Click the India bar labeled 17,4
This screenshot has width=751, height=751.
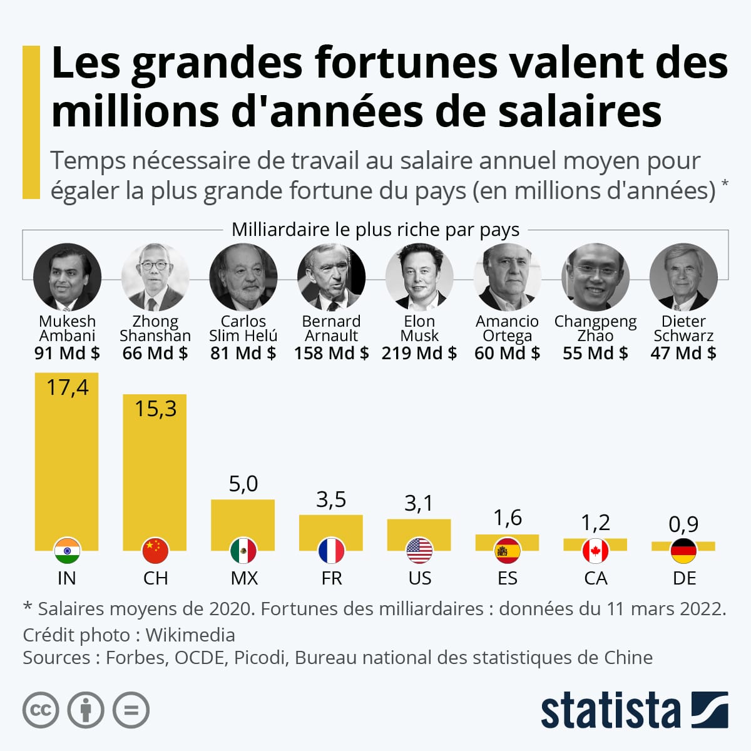[66, 463]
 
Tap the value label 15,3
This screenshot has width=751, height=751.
[155, 409]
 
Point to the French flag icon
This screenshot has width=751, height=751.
[331, 551]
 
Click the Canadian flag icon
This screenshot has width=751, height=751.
[595, 551]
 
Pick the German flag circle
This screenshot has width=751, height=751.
[683, 551]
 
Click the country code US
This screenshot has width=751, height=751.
[419, 578]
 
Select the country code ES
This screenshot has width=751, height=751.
[507, 578]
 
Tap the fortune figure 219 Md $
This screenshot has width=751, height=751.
[419, 353]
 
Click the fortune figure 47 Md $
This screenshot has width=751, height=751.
[683, 353]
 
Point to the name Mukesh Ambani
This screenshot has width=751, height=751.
[67, 329]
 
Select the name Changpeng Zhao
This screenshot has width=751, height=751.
[595, 329]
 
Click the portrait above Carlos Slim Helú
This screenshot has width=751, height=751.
[243, 277]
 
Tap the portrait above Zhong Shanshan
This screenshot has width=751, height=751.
[155, 277]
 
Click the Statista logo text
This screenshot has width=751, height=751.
[610, 711]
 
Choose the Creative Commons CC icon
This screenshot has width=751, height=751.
[41, 710]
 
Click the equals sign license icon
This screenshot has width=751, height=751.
[131, 710]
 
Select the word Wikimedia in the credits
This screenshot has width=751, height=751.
[190, 635]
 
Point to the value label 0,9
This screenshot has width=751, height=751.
[683, 524]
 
